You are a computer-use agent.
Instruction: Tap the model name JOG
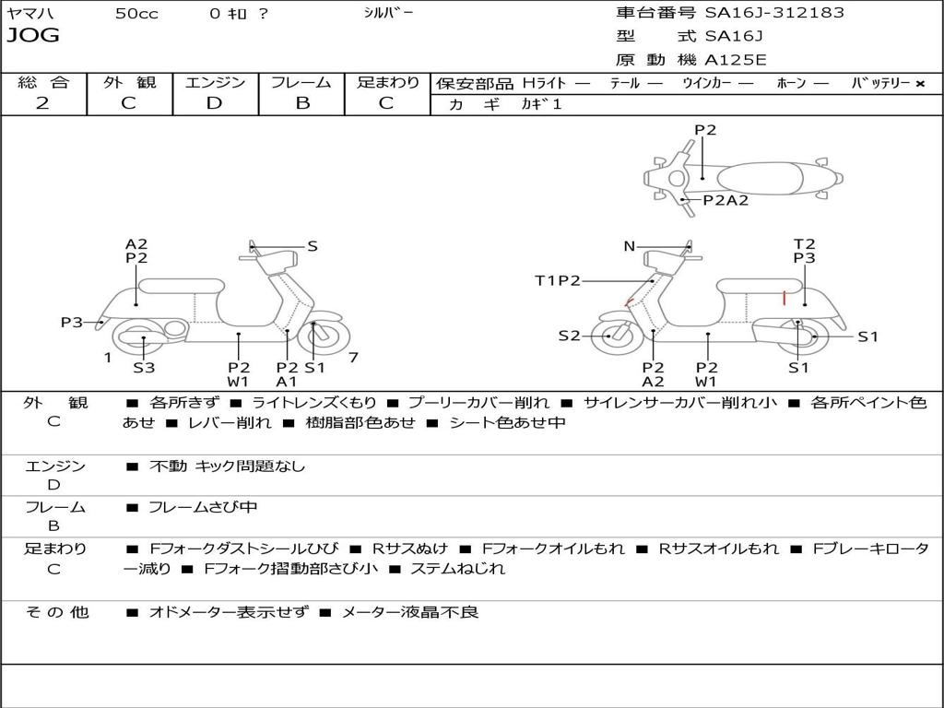(33, 36)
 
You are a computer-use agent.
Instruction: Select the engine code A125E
(735, 60)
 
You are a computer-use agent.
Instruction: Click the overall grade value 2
(42, 103)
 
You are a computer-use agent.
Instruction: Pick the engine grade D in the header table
(214, 103)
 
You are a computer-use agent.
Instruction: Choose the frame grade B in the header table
(301, 103)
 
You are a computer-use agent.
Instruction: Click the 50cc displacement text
(136, 14)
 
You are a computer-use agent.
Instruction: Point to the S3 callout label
(144, 368)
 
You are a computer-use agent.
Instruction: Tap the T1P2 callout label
(557, 280)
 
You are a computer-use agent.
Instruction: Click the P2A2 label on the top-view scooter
(726, 200)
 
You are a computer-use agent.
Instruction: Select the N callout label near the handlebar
(630, 246)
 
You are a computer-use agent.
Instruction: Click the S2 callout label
(569, 336)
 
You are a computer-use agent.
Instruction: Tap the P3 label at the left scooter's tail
(72, 323)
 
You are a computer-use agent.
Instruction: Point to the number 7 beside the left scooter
(352, 357)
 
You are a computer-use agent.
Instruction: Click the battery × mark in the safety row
(919, 83)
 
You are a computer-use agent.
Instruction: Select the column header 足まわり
(387, 82)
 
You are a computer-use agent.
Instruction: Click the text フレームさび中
(203, 507)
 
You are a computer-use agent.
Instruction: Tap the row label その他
(56, 612)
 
